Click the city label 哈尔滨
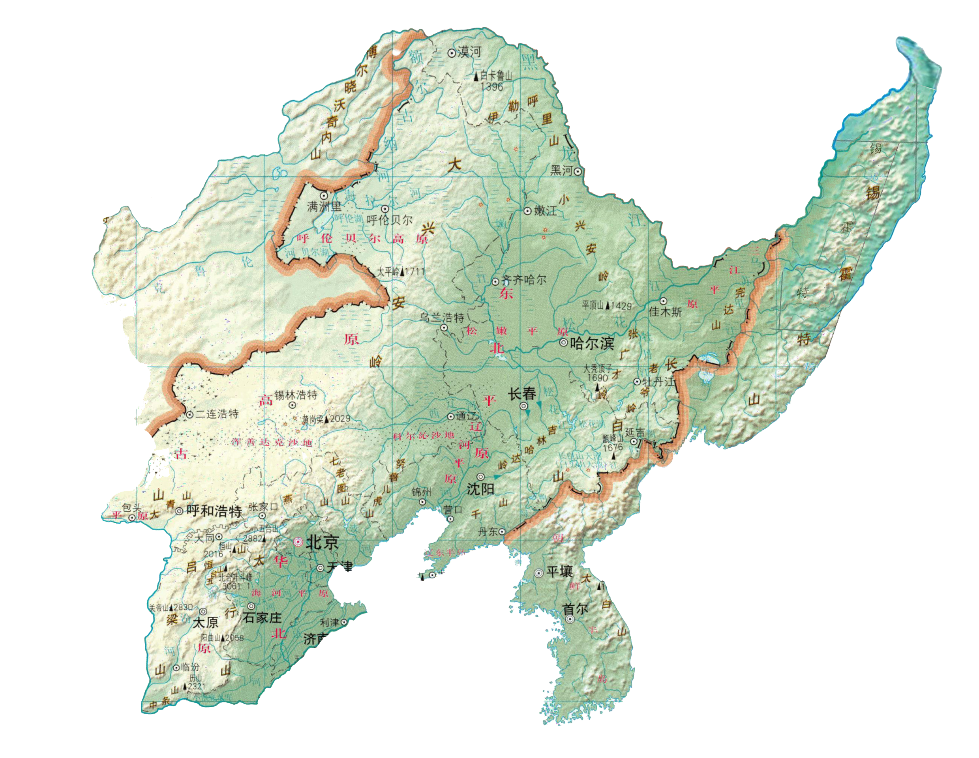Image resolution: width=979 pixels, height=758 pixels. coord(592,344)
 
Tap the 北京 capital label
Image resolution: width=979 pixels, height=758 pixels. coord(322,543)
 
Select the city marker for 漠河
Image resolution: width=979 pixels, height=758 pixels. coord(451,53)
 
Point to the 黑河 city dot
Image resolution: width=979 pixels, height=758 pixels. coord(578,171)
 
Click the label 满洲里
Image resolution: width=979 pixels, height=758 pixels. coord(324,206)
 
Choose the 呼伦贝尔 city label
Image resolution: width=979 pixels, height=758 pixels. coord(390,220)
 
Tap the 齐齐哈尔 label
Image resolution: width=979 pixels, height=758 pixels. coord(524,280)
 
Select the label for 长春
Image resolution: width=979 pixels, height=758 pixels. coord(522,394)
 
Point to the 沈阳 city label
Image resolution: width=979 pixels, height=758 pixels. coord(480,489)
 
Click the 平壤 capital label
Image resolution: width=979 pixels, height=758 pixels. coord(559,572)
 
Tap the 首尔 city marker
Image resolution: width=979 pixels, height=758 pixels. coord(569,620)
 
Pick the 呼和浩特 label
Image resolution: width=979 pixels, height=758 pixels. coord(214,511)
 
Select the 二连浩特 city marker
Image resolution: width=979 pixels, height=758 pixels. coord(189,415)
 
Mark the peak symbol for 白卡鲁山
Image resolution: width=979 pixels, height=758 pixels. coord(476,77)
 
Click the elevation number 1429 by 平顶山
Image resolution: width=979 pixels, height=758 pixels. coord(621,306)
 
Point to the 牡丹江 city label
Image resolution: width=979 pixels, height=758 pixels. coord(658,382)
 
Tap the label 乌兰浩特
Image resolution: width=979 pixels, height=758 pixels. coord(441,318)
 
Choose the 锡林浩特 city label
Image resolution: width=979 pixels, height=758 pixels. coord(295,395)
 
